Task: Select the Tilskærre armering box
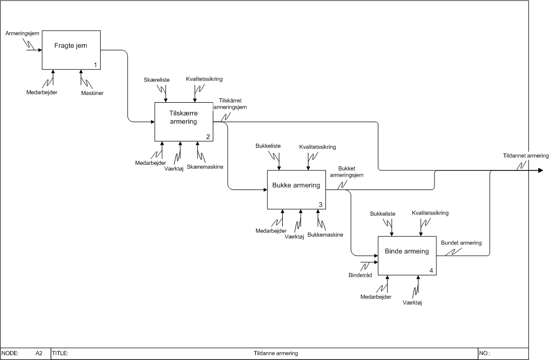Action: point(184,121)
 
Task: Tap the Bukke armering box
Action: point(296,190)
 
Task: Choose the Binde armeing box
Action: point(407,255)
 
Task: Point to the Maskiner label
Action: point(93,93)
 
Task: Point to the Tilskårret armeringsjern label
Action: point(230,104)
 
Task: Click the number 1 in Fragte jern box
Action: point(95,65)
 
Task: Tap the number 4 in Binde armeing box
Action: point(431,270)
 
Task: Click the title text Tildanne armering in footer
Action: point(276,353)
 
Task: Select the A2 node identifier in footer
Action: point(39,353)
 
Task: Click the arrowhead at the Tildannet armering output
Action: point(540,170)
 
